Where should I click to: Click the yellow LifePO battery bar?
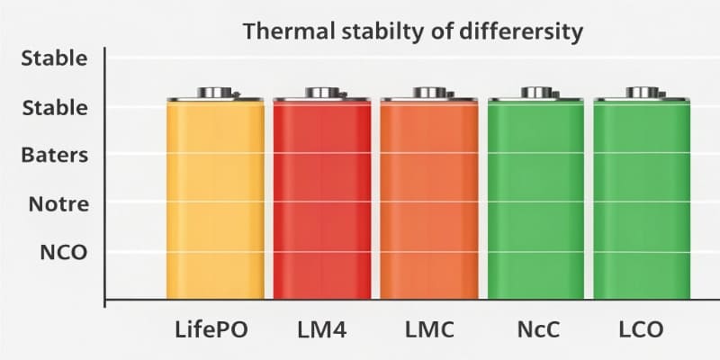215,198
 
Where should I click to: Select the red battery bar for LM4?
321,198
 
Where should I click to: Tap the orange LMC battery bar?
428,198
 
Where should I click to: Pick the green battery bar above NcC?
535,198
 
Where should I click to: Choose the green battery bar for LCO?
642,198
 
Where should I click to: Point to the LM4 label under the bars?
321,329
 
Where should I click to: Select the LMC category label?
427,329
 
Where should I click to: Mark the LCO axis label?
642,329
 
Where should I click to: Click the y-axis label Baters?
55,155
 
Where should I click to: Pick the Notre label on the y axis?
58,204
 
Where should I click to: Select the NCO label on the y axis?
63,252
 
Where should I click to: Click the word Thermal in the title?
282,32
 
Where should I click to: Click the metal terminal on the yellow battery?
215,93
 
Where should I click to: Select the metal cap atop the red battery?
321,93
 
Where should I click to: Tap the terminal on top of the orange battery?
428,93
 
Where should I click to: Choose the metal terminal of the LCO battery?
642,93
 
